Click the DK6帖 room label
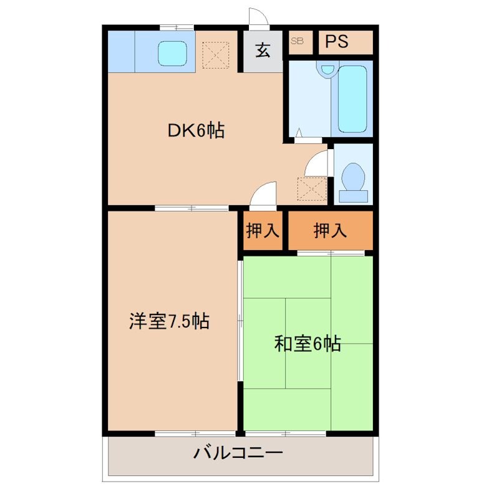(x=195, y=130)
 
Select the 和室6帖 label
(x=307, y=343)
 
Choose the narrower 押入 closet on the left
(x=263, y=231)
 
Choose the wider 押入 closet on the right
(x=330, y=231)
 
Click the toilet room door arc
(x=317, y=163)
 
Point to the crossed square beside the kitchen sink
(x=216, y=54)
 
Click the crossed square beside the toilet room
(x=312, y=188)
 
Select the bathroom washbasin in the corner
(x=325, y=70)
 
